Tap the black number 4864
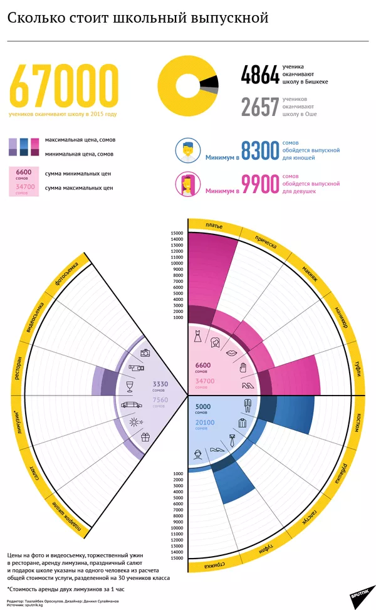pyautogui.click(x=259, y=76)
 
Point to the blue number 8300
pyautogui.click(x=259, y=151)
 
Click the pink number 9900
pyautogui.click(x=259, y=184)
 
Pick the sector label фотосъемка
pyautogui.click(x=66, y=273)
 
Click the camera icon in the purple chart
pyautogui.click(x=145, y=353)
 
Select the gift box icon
pyautogui.click(x=145, y=437)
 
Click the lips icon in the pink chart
pyautogui.click(x=230, y=354)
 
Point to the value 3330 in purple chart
pyautogui.click(x=160, y=384)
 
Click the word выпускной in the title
pyautogui.click(x=231, y=18)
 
